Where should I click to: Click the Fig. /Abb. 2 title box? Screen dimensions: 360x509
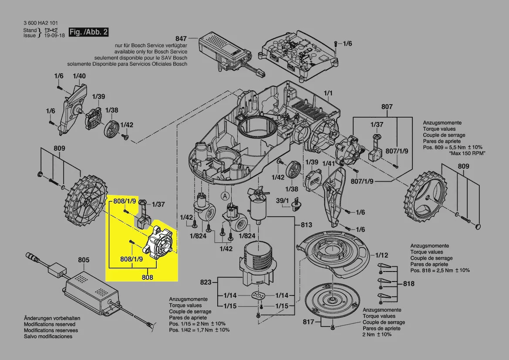tap(88, 33)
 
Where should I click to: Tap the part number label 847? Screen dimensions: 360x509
tap(181, 38)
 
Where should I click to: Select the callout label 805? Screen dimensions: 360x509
tap(84, 260)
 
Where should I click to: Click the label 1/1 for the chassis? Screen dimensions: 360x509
tap(328, 93)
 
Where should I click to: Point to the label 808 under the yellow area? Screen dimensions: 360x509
tap(147, 276)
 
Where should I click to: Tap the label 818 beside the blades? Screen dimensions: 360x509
tap(409, 284)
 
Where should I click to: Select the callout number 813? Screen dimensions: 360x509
tap(307, 225)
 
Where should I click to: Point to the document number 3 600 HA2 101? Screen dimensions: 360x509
tap(40, 23)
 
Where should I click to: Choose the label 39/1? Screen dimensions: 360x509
tap(283, 200)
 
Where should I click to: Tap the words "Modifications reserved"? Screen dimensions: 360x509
tap(49, 324)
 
